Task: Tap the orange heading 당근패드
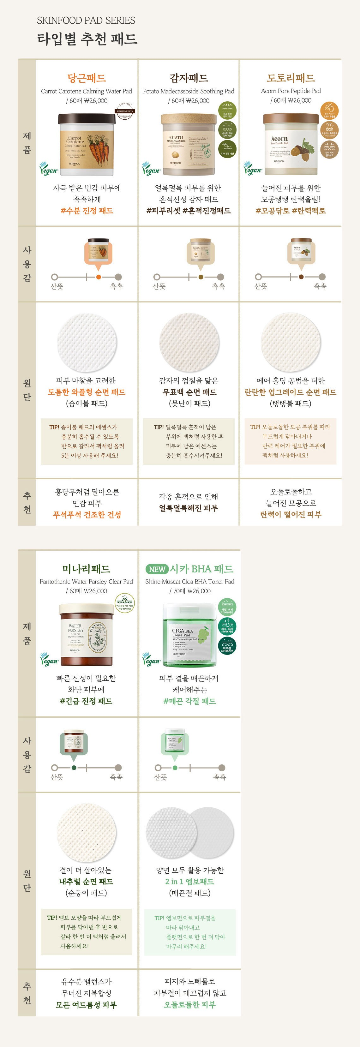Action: click(x=87, y=78)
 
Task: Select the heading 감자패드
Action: click(x=189, y=78)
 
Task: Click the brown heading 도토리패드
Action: click(x=291, y=78)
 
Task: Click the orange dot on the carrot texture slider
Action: click(x=98, y=277)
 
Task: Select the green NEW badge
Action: click(x=157, y=569)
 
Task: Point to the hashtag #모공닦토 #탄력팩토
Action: click(x=291, y=211)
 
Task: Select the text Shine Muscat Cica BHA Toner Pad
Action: click(x=189, y=581)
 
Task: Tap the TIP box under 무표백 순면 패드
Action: click(x=189, y=441)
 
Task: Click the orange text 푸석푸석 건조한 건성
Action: click(x=87, y=515)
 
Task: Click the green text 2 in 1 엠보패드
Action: click(x=189, y=881)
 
